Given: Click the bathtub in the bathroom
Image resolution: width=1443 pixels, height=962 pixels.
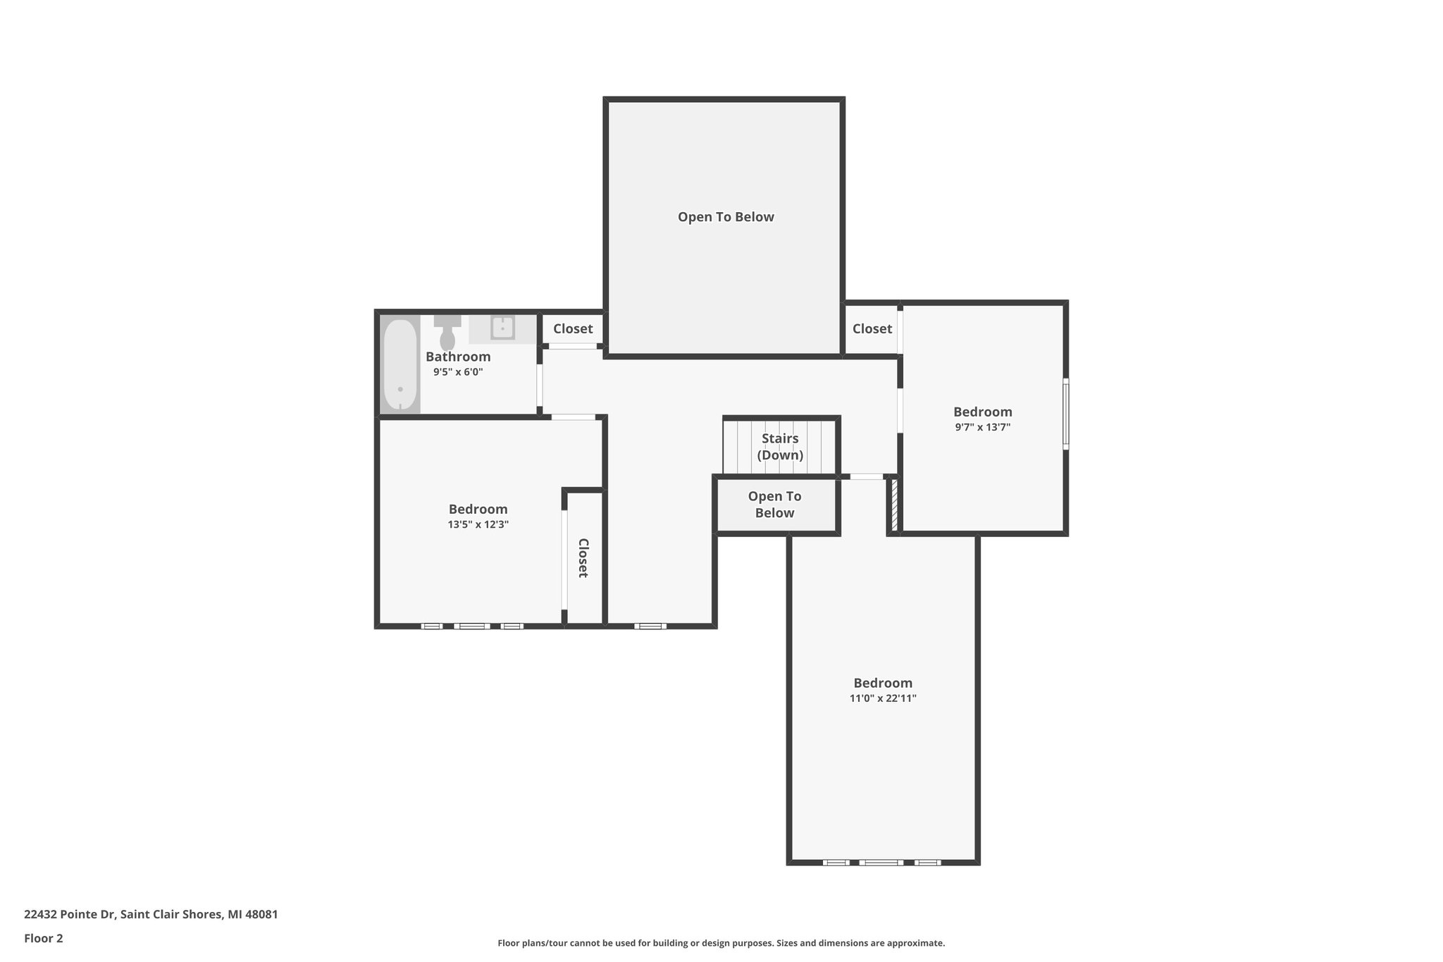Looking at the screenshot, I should point(400,364).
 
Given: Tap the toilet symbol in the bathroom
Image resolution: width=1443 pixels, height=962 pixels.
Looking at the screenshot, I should point(447,334).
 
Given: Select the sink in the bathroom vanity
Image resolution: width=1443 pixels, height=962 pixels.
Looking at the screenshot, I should point(502,328).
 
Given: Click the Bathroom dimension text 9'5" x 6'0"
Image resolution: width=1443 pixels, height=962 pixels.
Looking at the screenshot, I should point(458,372).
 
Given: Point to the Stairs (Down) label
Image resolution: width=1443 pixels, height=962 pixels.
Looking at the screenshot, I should point(780,447).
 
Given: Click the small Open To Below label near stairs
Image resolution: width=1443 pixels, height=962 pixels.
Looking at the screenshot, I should point(774,505).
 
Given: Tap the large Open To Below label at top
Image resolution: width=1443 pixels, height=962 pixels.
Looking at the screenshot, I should point(726,217).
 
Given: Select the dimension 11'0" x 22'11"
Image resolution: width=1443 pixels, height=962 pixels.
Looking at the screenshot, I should point(883,698).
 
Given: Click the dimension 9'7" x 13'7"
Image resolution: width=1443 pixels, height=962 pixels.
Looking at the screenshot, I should point(982,427).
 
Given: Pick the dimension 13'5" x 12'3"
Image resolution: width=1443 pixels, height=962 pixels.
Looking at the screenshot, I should point(478,524).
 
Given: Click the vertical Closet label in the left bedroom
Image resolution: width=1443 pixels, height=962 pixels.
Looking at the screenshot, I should point(583,557).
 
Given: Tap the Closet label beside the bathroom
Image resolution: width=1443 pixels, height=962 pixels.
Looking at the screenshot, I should point(572,329).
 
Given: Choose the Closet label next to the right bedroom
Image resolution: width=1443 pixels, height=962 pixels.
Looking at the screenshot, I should point(872,329).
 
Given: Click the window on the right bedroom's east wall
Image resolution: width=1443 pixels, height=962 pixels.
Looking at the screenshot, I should point(1065,414).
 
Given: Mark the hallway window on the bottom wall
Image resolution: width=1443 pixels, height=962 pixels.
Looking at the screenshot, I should point(650,626).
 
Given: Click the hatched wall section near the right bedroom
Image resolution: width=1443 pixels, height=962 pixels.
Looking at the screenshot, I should point(894,505).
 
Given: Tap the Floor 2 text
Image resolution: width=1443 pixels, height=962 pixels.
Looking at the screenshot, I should point(44,938).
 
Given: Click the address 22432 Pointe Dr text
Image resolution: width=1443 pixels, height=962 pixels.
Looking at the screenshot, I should point(151,914).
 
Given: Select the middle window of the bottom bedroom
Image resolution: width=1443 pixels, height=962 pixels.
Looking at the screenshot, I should point(880,863).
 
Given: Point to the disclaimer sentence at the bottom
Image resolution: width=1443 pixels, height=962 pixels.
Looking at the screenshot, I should point(721,943).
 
